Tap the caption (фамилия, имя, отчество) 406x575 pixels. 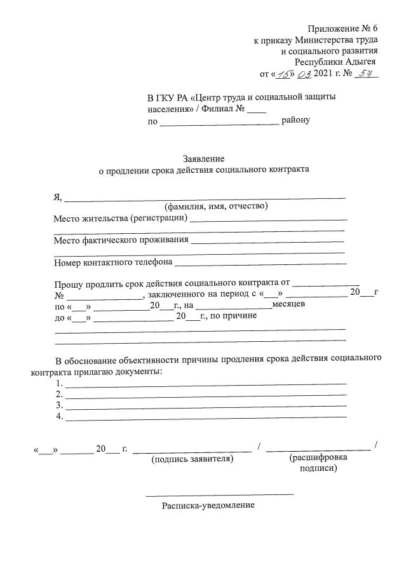(x=216, y=206)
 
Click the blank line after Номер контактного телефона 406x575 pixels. (x=261, y=262)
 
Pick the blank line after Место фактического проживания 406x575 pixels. (x=267, y=241)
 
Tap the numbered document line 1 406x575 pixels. (x=206, y=384)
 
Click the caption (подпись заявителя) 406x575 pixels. (x=192, y=459)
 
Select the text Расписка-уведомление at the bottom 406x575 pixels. (x=208, y=506)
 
